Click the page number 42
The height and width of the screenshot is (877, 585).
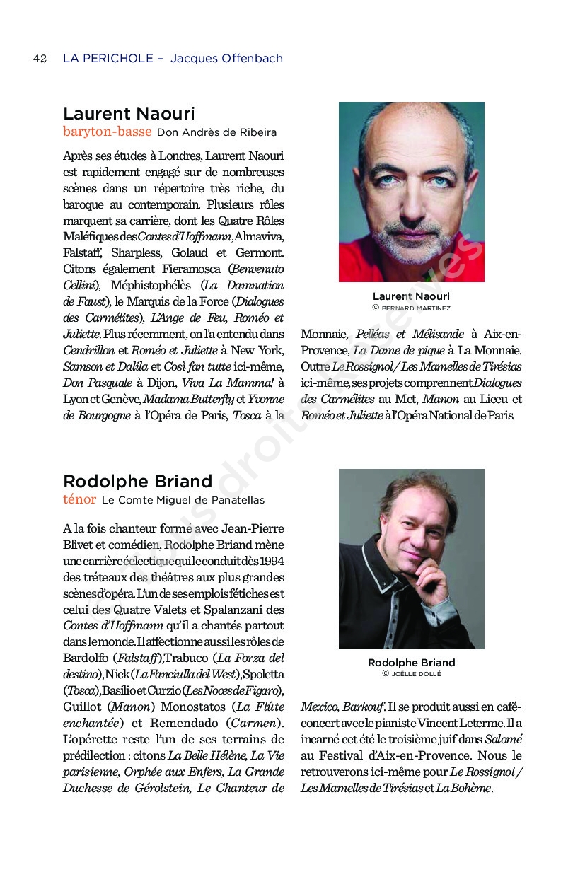coord(40,59)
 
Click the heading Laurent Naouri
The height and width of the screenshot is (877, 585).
coord(129,114)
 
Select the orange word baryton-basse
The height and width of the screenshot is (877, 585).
coord(108,132)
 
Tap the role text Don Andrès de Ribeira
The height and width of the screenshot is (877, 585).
coord(207,132)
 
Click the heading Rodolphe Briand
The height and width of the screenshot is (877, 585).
coord(137,482)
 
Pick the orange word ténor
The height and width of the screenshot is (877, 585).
coord(79,499)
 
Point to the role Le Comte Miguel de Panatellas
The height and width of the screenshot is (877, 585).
coord(183,500)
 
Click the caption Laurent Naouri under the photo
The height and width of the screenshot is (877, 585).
coord(411,296)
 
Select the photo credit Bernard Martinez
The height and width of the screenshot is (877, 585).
coord(415,308)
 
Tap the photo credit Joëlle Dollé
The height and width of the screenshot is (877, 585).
coord(415,674)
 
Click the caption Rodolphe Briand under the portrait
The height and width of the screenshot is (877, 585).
coord(411,663)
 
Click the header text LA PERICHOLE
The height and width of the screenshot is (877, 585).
coord(108,59)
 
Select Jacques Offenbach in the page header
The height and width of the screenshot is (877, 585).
coord(226,59)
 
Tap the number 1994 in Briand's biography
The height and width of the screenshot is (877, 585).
coord(271,561)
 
